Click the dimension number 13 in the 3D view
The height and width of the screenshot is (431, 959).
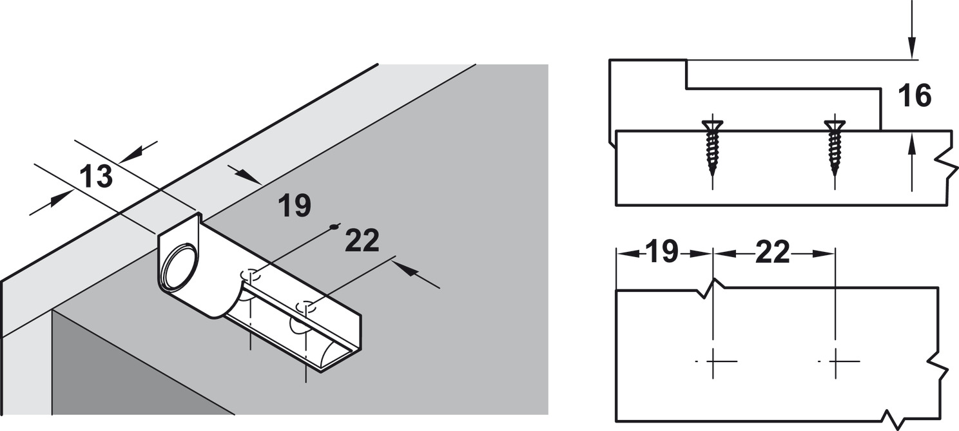coord(96,177)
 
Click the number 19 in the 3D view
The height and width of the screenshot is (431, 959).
coord(295,206)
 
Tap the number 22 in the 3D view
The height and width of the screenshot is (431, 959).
coord(362,240)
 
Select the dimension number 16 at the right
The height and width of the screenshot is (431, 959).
coord(915,95)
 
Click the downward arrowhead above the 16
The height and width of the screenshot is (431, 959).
coord(912,58)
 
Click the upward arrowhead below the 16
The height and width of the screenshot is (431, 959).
coord(912,144)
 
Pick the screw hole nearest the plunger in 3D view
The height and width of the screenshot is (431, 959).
coord(251,274)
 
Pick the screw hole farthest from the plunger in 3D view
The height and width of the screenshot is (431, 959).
coord(305,307)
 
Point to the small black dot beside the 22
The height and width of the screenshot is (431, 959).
coord(332,227)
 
